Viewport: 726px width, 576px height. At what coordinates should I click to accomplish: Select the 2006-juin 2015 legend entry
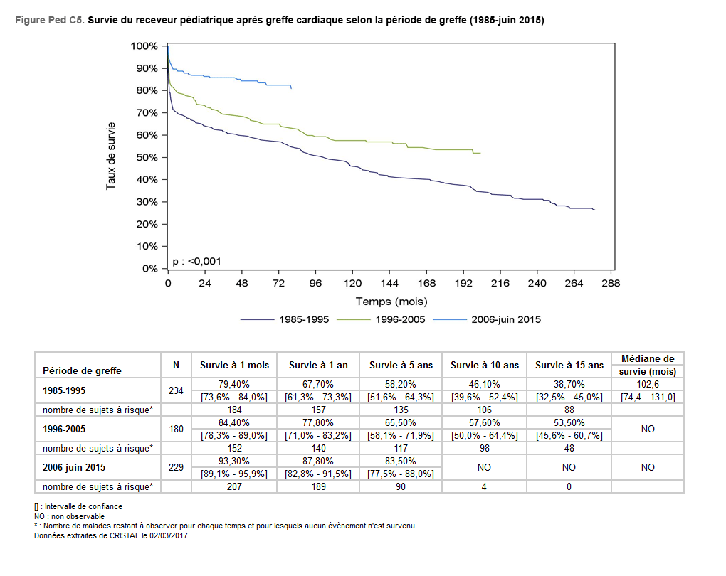click(x=505, y=319)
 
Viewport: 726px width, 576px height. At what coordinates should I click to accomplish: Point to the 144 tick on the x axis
click(x=389, y=283)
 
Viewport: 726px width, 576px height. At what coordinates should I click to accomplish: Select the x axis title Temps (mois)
click(x=391, y=302)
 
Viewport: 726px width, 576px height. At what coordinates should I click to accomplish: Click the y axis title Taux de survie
click(x=111, y=157)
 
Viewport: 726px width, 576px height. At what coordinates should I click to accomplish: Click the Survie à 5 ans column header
click(x=401, y=365)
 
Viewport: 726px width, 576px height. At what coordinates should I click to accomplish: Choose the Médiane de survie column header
click(x=647, y=365)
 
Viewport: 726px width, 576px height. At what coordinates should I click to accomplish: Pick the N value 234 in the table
click(x=176, y=390)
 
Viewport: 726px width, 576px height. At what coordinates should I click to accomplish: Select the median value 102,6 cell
click(x=647, y=384)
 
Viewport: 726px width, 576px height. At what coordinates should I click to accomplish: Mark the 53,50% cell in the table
click(x=569, y=422)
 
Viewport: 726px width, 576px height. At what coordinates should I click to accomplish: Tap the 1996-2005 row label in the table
click(x=64, y=429)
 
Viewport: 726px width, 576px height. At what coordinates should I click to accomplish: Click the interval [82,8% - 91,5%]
click(x=318, y=474)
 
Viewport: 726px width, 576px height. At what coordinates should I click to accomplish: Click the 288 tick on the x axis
click(x=611, y=283)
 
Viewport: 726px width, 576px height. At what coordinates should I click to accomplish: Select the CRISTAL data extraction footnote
click(x=110, y=535)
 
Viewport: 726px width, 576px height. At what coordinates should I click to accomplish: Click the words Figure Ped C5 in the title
click(x=48, y=21)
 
